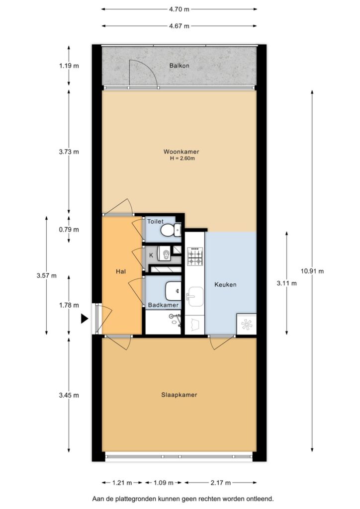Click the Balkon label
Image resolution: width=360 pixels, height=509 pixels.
(x=179, y=66)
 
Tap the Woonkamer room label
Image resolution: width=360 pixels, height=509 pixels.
(x=181, y=152)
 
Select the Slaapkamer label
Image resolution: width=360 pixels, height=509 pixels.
(x=179, y=395)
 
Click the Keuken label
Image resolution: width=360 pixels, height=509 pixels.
(x=225, y=285)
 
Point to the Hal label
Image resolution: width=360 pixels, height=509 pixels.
(x=121, y=271)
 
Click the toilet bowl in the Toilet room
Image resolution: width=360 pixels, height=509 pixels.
(x=167, y=231)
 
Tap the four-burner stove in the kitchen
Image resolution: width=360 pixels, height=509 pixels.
(x=195, y=256)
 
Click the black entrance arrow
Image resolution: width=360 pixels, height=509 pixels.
(x=85, y=319)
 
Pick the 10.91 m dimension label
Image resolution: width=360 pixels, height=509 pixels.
(x=312, y=271)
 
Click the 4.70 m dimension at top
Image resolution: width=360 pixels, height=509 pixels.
(x=179, y=9)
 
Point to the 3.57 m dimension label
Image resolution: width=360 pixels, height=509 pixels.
(x=46, y=275)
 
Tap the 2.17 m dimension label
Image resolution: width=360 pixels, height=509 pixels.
(x=220, y=483)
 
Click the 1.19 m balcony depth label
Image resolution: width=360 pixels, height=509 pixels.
(x=69, y=66)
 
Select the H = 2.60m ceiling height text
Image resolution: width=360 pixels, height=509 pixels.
(x=182, y=159)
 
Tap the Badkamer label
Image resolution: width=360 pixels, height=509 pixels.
(x=163, y=305)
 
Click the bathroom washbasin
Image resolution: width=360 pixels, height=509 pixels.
(x=173, y=291)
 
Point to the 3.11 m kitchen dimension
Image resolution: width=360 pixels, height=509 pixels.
(x=286, y=283)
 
